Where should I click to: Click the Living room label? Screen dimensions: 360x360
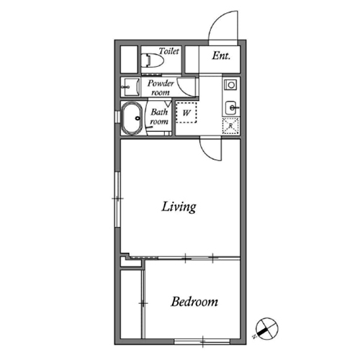[x=179, y=207]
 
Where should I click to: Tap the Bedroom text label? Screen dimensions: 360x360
[x=194, y=302]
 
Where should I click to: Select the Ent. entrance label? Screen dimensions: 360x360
[x=221, y=56]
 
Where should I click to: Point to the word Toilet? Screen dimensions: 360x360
[x=169, y=51]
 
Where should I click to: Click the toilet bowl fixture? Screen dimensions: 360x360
[x=152, y=60]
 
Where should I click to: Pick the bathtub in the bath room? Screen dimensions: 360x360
[x=132, y=118]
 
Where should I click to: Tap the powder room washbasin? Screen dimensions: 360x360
[x=131, y=87]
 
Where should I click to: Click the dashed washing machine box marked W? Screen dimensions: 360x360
[x=186, y=112]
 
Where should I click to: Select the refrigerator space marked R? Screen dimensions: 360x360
[x=230, y=126]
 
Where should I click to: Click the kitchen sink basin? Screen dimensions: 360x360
[x=231, y=108]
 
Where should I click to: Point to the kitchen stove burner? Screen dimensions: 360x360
[x=231, y=85]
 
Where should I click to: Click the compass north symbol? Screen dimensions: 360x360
[x=266, y=328]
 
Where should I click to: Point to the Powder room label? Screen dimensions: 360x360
[x=161, y=88]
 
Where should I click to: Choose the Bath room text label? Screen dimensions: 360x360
[x=159, y=117]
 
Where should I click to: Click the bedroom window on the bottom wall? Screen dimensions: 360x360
[x=202, y=341]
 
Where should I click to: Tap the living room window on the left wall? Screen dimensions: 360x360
[x=117, y=199]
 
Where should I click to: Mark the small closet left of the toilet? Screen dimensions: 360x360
[x=129, y=59]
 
